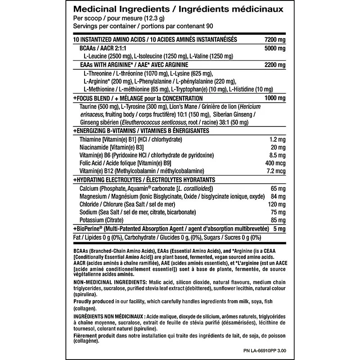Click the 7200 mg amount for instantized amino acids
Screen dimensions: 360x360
(x=275, y=40)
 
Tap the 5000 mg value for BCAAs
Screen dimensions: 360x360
(x=275, y=48)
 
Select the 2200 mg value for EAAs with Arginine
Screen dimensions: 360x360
(x=275, y=65)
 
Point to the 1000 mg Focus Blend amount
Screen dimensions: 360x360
(x=275, y=98)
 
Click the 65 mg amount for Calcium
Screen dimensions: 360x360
(x=279, y=188)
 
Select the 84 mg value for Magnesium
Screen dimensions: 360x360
(x=279, y=196)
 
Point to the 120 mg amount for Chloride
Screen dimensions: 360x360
(x=277, y=204)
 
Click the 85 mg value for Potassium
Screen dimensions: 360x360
(x=279, y=220)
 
